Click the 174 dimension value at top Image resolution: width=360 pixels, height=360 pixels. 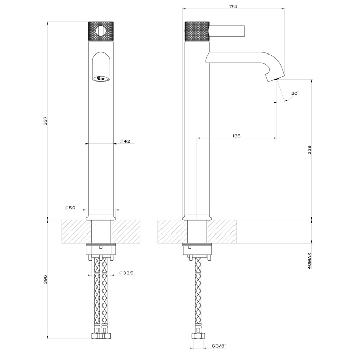coord(235,7)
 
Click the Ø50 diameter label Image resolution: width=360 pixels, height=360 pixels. coord(70,208)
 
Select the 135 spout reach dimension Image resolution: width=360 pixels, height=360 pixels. coord(236,136)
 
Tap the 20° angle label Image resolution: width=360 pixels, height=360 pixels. coord(294,93)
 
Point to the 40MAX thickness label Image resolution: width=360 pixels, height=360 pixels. coord(309,261)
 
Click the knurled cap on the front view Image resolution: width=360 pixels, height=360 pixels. coord(101,31)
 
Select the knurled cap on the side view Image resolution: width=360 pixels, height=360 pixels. coord(196,31)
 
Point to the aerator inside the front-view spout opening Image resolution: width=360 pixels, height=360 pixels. coord(101,79)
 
